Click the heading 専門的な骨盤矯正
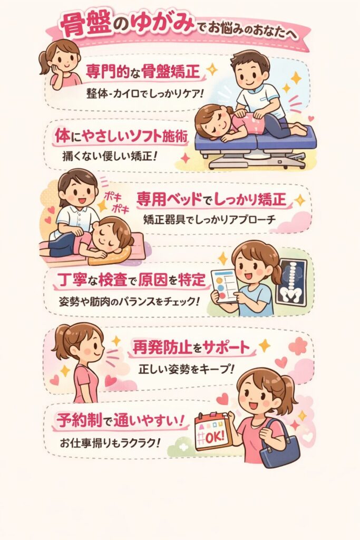click(x=143, y=72)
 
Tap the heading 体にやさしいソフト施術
click(x=121, y=136)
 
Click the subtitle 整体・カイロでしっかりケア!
click(x=144, y=93)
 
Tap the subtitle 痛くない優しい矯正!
click(x=110, y=156)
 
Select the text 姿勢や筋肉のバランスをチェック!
click(x=129, y=302)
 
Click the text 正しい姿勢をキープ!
click(x=186, y=370)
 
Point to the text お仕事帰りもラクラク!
click(x=110, y=442)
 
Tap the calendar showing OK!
click(x=213, y=432)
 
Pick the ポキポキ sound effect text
click(x=116, y=202)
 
